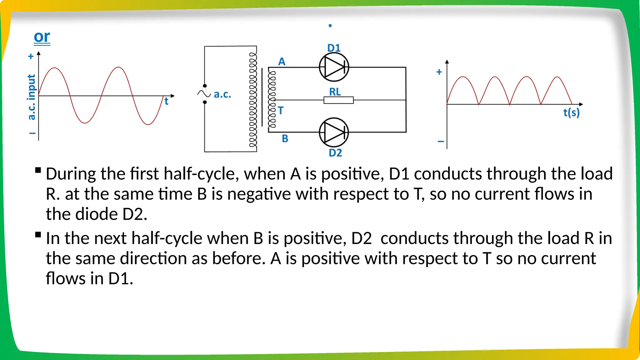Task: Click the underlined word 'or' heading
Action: click(42, 37)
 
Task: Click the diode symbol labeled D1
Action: click(334, 67)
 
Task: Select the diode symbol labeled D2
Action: click(334, 132)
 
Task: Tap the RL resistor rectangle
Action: click(338, 100)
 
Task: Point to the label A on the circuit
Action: click(282, 62)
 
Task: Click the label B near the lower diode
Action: click(285, 138)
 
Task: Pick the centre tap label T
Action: click(281, 110)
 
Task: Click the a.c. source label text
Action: click(222, 94)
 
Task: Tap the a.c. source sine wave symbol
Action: click(204, 93)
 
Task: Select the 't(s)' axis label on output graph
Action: click(571, 112)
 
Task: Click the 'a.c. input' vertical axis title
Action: click(31, 97)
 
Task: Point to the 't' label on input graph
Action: click(166, 101)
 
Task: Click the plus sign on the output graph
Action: click(439, 72)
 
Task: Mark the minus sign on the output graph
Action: click(441, 142)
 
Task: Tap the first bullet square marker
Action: click(38, 170)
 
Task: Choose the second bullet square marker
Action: click(38, 235)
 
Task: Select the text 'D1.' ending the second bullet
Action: click(121, 278)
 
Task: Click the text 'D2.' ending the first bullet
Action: click(134, 214)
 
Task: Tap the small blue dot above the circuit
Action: click(330, 26)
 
